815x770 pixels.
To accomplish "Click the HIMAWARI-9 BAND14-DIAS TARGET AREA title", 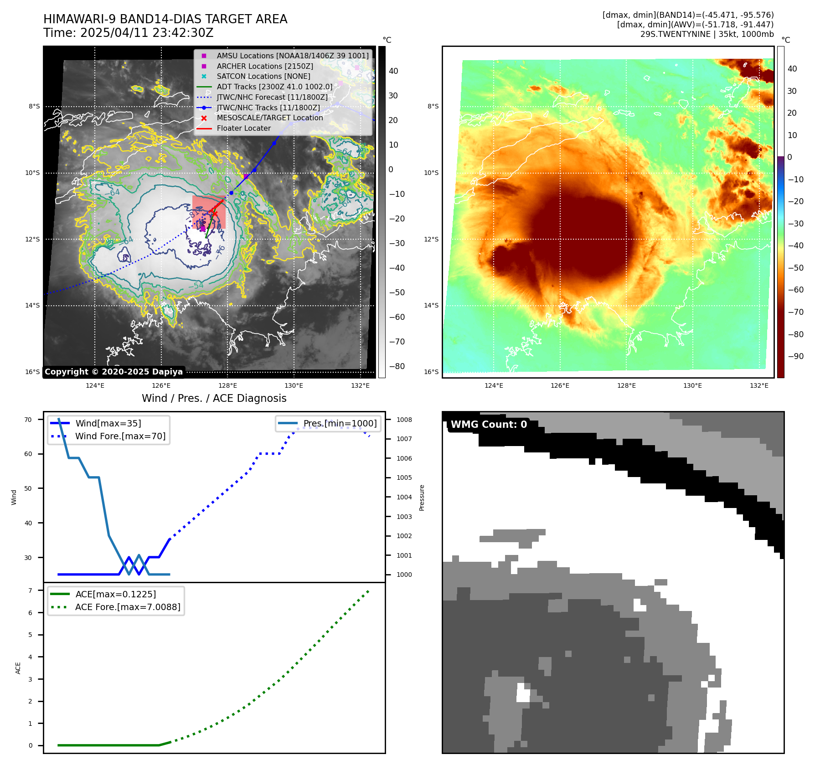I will click(165, 19).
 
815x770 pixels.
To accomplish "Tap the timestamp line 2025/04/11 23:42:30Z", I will click(129, 33).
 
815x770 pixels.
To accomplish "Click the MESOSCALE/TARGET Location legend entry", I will click(269, 118).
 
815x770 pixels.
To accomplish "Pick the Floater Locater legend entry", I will click(243, 128).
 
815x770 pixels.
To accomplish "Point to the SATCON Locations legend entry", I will click(263, 76).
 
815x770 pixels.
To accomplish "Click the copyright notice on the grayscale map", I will click(113, 372).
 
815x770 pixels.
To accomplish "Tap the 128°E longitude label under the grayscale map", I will click(227, 385).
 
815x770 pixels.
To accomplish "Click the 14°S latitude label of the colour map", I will click(431, 305).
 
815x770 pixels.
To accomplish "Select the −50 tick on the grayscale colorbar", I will click(397, 293).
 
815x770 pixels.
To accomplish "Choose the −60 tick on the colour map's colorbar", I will click(796, 290).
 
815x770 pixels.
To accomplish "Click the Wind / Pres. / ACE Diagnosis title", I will click(214, 398).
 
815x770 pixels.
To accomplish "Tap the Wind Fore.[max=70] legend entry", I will click(120, 436).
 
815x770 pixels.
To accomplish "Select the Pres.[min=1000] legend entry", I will click(340, 423).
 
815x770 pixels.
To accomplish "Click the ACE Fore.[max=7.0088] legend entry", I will click(128, 607).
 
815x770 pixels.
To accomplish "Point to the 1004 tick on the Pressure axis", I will click(404, 497).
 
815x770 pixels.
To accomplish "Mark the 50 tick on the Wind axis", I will click(28, 488).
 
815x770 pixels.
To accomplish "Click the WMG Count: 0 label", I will click(489, 425).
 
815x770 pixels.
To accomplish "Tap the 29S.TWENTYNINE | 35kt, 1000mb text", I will click(707, 34).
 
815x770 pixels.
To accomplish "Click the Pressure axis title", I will click(422, 498).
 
